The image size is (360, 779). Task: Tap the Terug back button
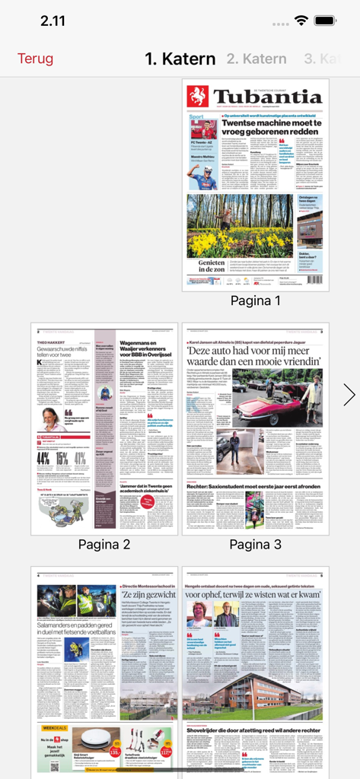tap(36, 59)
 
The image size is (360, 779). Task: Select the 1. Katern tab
tap(180, 59)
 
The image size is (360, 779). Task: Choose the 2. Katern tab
tap(256, 59)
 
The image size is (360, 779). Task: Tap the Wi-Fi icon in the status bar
tap(302, 20)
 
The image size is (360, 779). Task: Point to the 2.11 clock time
tap(53, 21)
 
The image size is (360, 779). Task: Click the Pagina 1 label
tap(256, 300)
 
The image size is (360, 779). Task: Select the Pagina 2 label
tap(104, 544)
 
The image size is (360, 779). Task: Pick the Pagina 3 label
tap(256, 544)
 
